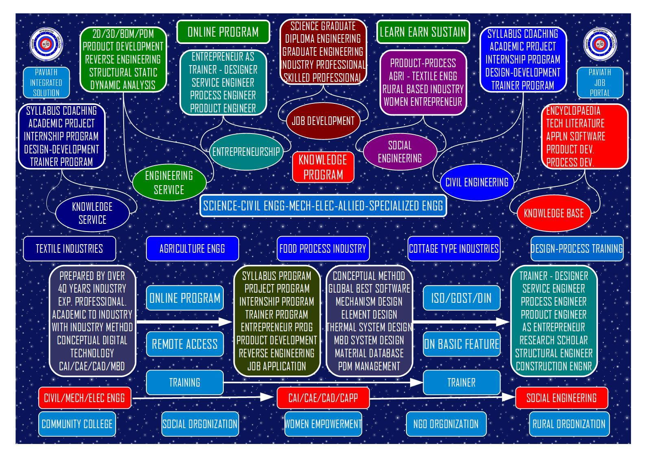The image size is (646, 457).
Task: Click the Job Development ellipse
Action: (x=323, y=121)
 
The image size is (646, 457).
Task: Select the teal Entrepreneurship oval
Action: (x=246, y=151)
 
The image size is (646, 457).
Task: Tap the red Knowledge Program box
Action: (x=323, y=167)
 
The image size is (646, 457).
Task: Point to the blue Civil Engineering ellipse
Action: (x=477, y=182)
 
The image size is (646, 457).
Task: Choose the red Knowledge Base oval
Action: (x=554, y=213)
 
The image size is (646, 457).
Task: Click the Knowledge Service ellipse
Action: (x=92, y=213)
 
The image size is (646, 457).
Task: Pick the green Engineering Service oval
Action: (x=169, y=182)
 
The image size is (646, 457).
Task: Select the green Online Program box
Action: (x=223, y=32)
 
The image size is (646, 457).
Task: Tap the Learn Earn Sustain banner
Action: (x=423, y=32)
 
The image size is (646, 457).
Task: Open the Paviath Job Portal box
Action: (x=600, y=83)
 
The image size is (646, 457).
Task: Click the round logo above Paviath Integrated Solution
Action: (x=46, y=44)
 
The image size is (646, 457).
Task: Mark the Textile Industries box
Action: (x=69, y=249)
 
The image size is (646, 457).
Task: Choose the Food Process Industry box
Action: (x=323, y=249)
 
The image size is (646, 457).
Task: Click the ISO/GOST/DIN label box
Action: (x=461, y=298)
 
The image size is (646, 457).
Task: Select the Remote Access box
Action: (x=185, y=344)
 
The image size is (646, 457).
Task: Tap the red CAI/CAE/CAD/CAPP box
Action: (x=323, y=398)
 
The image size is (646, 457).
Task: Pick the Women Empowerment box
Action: (x=323, y=424)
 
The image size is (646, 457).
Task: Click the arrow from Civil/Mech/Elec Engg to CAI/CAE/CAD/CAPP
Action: (x=203, y=398)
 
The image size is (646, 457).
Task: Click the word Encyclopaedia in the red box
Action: (x=573, y=111)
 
